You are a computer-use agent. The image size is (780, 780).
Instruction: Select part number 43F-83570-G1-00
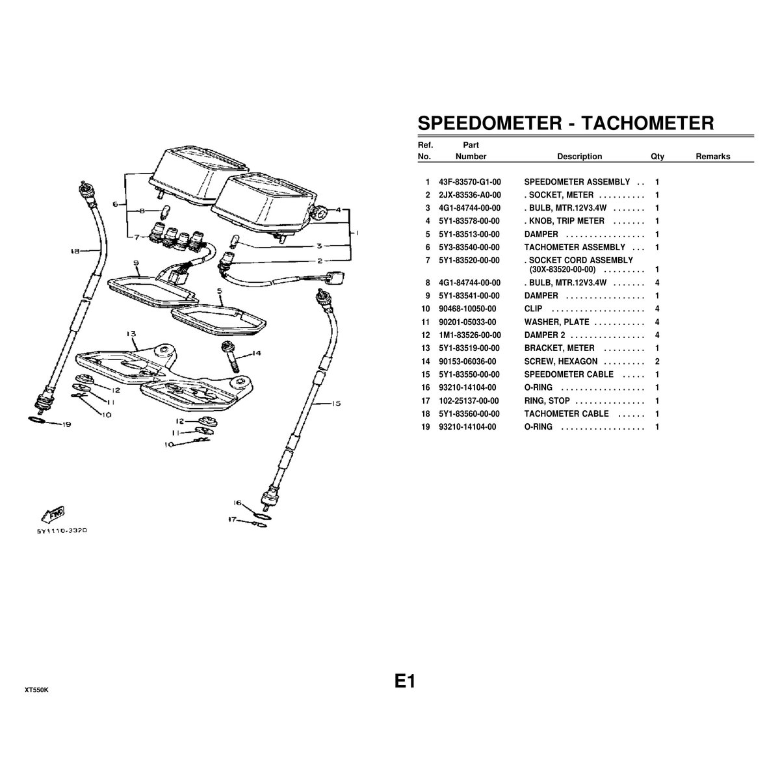(x=470, y=182)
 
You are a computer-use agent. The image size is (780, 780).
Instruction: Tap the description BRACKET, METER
(x=559, y=348)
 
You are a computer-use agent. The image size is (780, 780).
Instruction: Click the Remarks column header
(x=713, y=157)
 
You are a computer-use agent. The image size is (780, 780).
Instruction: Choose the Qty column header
(x=657, y=157)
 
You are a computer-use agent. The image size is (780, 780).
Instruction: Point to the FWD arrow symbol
(x=53, y=514)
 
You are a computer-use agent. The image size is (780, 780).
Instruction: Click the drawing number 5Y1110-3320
(x=62, y=530)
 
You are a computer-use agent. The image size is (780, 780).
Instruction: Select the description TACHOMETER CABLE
(x=566, y=414)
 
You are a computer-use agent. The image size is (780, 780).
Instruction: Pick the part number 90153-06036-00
(x=467, y=361)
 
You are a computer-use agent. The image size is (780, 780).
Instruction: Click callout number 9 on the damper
(x=136, y=263)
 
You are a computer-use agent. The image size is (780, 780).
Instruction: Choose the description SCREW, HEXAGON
(x=560, y=361)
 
